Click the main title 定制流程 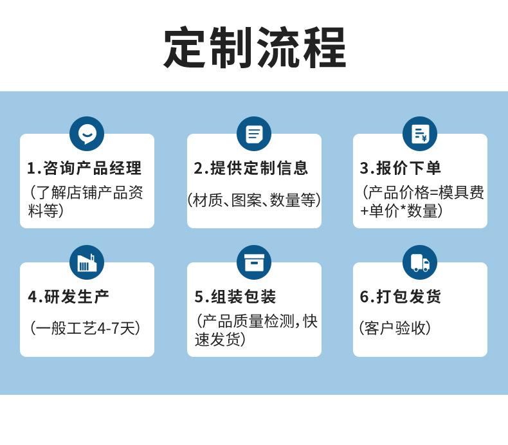255,48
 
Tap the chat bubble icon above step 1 87,134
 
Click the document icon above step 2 254,134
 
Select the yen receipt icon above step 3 420,134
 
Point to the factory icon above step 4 87,262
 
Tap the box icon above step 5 254,262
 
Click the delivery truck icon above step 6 420,262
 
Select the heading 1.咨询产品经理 84,168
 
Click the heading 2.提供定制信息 251,168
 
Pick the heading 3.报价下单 401,168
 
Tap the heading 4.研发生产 69,297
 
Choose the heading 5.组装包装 235,297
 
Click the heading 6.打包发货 401,297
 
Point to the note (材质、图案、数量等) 254,200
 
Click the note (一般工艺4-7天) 85,328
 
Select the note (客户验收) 395,328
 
